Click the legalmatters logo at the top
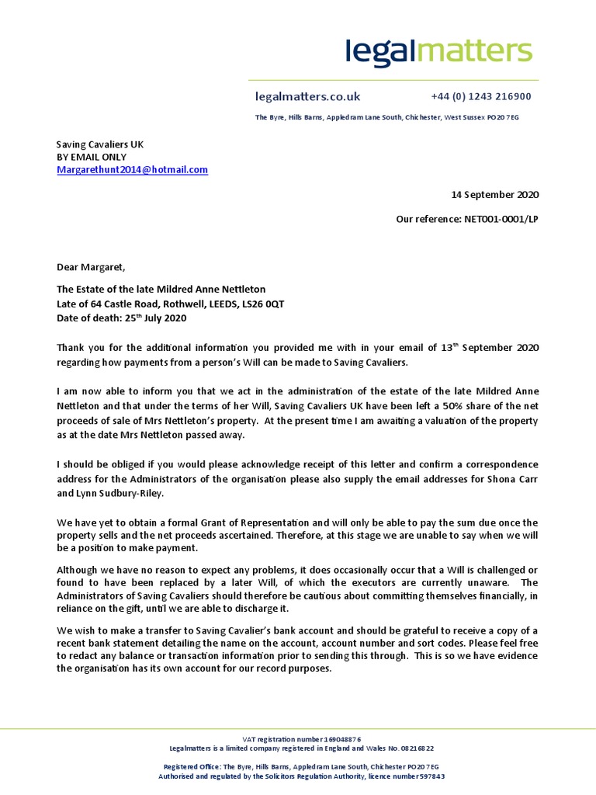pos(438,51)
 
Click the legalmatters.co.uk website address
pos(307,97)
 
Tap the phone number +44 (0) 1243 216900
pos(480,97)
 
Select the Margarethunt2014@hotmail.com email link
pos(132,169)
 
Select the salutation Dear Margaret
pos(90,268)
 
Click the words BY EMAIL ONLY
pos(91,157)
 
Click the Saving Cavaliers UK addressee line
pos(100,144)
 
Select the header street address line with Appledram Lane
pos(386,117)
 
